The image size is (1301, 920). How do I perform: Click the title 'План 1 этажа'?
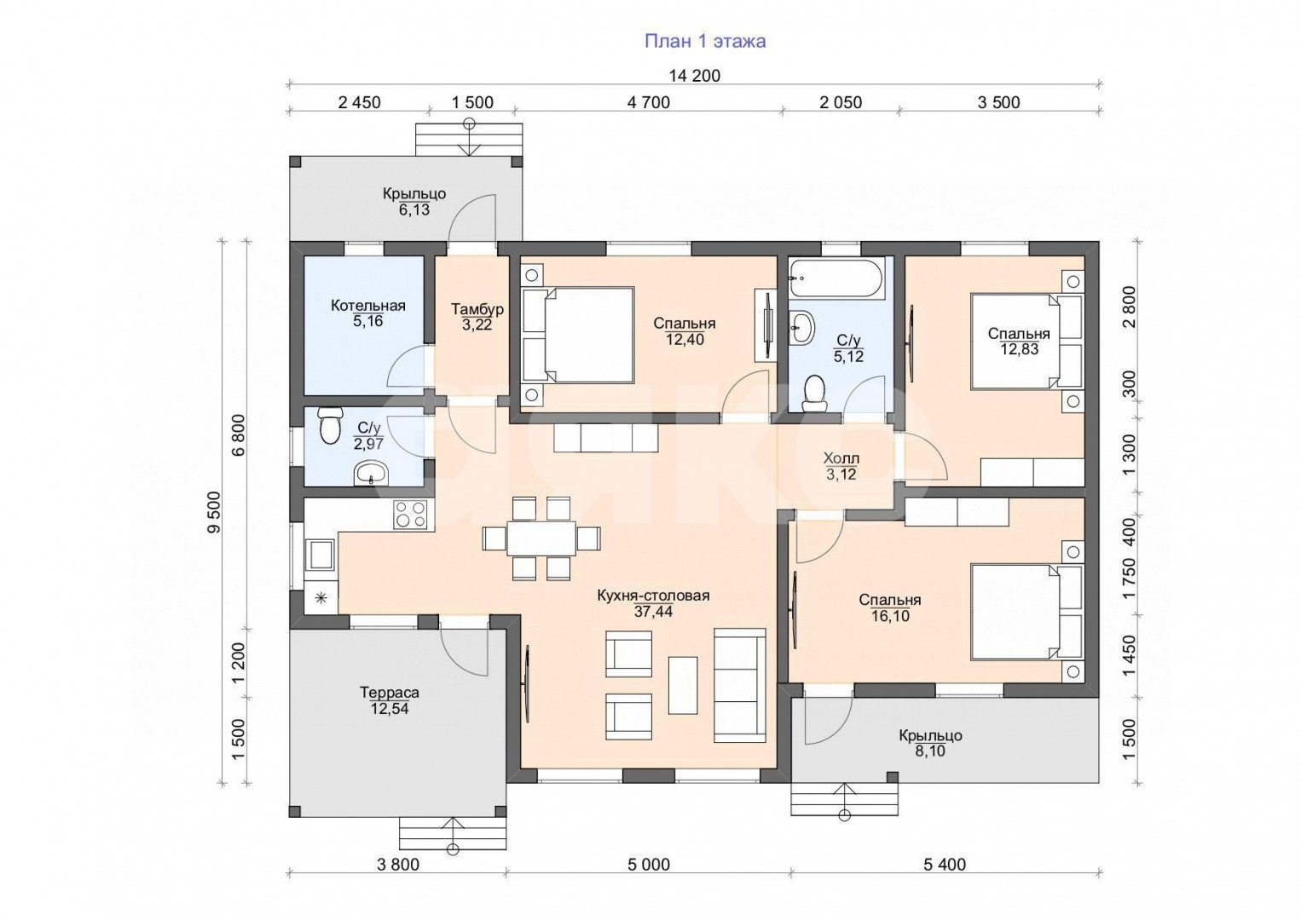(x=705, y=41)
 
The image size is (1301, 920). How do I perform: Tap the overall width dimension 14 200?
(x=695, y=76)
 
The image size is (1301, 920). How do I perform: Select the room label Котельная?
(x=368, y=305)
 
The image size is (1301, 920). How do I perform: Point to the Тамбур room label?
(x=477, y=309)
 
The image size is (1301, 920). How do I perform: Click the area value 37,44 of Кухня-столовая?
(x=653, y=612)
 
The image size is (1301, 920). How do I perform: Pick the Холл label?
(x=841, y=458)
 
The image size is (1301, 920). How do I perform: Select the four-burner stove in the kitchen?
(x=410, y=514)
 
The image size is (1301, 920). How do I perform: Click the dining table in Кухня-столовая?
(x=541, y=538)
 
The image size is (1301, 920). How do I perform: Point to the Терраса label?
(x=389, y=693)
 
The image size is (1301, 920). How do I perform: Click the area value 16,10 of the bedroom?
(x=890, y=616)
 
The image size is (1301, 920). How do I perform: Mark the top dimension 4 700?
(x=649, y=103)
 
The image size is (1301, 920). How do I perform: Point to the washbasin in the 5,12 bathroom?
(x=803, y=327)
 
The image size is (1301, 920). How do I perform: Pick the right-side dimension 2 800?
(x=1129, y=307)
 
